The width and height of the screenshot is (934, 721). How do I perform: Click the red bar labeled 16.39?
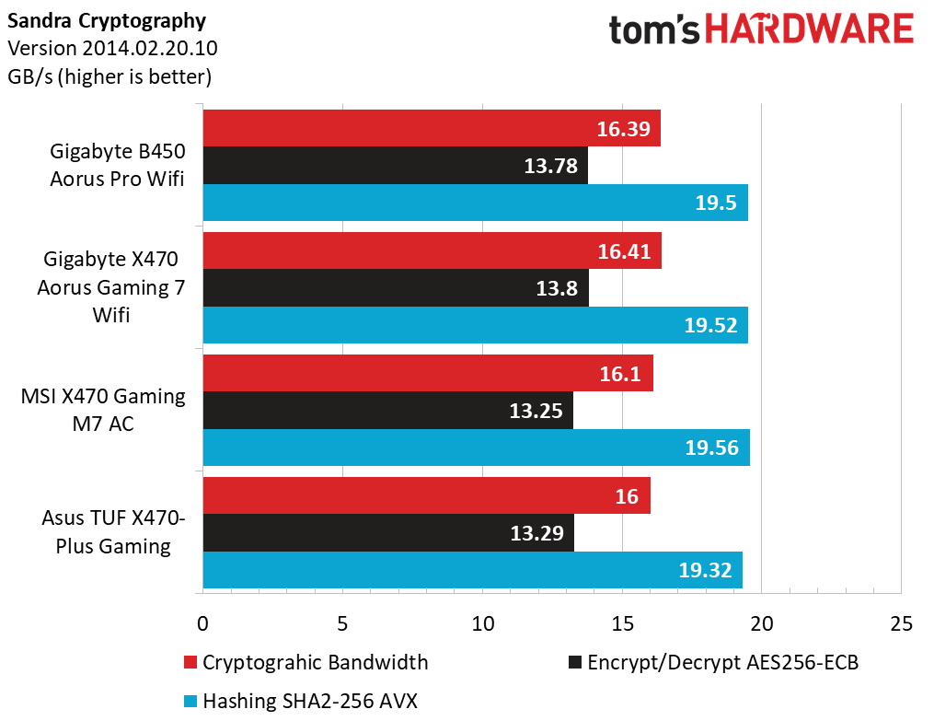tap(432, 128)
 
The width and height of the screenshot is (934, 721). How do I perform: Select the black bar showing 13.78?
tap(396, 166)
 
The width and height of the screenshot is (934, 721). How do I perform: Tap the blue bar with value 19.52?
tap(476, 325)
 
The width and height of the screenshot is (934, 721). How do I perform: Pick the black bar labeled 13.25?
tap(387, 410)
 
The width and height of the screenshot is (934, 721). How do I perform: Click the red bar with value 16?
tap(426, 495)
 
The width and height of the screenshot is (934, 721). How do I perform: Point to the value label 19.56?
tap(712, 448)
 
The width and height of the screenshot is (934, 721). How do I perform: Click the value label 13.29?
tap(536, 533)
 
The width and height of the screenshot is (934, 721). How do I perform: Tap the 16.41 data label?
tap(624, 251)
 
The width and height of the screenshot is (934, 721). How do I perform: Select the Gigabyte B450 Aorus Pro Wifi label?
tap(118, 165)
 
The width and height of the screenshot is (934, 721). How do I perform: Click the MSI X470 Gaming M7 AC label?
tap(103, 410)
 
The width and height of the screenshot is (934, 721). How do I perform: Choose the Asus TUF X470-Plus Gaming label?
tap(113, 532)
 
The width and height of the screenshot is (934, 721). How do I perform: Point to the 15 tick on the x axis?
tap(622, 623)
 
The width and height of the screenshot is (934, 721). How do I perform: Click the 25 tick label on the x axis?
tap(901, 623)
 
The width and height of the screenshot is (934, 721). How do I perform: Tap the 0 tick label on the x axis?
tap(202, 623)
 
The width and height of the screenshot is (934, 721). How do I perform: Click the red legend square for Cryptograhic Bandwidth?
tap(190, 663)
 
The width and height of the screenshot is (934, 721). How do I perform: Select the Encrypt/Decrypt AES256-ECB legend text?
tap(723, 663)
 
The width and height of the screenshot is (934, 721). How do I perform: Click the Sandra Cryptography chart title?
tap(107, 21)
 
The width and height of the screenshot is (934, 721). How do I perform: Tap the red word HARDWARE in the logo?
tap(810, 29)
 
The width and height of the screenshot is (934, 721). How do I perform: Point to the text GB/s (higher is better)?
tap(110, 76)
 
